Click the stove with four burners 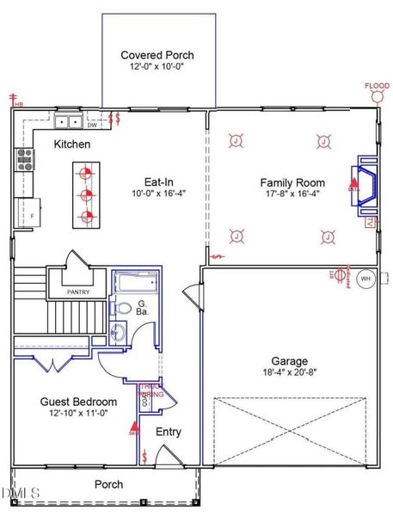pos(23,158)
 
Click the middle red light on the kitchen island pos(85,194)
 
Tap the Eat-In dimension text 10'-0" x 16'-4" pos(152,194)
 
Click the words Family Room pos(292,182)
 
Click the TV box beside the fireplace pos(371,224)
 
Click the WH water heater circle pos(365,278)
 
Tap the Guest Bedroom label pos(78,402)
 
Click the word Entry pos(168,432)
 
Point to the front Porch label pos(108,484)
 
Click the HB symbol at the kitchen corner pos(14,101)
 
